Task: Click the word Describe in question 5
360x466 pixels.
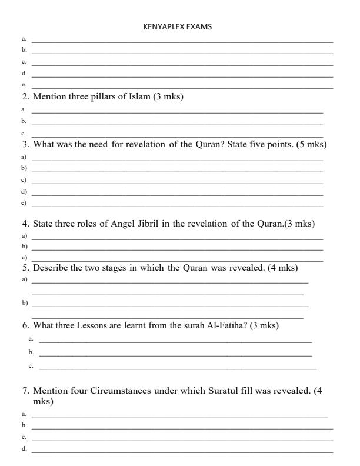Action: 51,268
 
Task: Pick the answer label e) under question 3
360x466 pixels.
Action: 24,203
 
